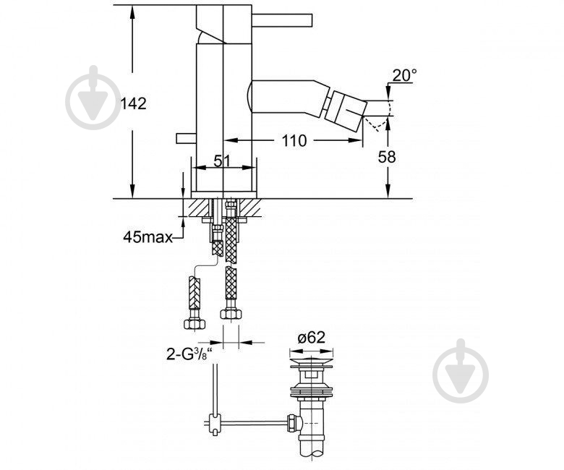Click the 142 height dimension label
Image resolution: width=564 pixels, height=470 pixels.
pos(133,104)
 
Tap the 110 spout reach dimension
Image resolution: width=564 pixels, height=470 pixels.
pos(294,140)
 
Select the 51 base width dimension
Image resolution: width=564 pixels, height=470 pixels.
pos(222,161)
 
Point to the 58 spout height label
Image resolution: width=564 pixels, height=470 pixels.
pos(387,157)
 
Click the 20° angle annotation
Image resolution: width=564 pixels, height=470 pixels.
pos(404,75)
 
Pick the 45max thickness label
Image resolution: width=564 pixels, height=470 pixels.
pos(148,237)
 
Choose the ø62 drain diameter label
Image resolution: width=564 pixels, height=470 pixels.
pos(312,338)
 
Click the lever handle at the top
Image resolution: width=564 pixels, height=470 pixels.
pos(282,20)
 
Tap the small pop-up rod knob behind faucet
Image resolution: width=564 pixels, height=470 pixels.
pos(186,138)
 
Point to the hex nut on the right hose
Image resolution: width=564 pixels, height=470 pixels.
pos(231,314)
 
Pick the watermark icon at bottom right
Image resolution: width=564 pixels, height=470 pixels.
pos(461,371)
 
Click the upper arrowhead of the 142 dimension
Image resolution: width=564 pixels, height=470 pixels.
pos(132,12)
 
